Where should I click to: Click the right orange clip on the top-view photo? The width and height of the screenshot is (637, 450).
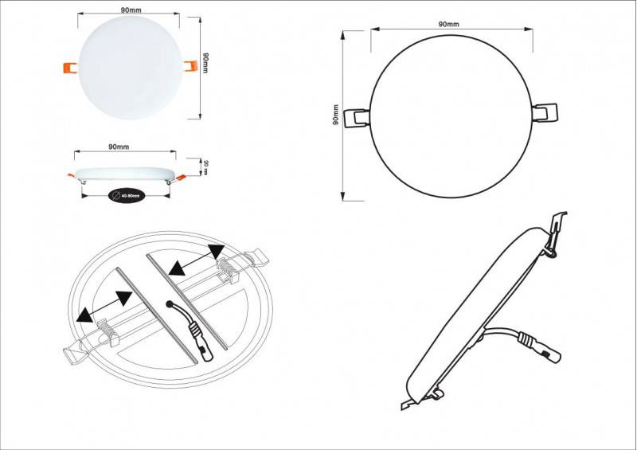point(190,67)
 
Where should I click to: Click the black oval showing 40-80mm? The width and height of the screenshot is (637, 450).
point(126,194)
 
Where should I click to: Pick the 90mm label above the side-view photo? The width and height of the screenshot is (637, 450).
point(119,147)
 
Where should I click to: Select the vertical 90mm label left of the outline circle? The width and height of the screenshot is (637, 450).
point(338,116)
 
